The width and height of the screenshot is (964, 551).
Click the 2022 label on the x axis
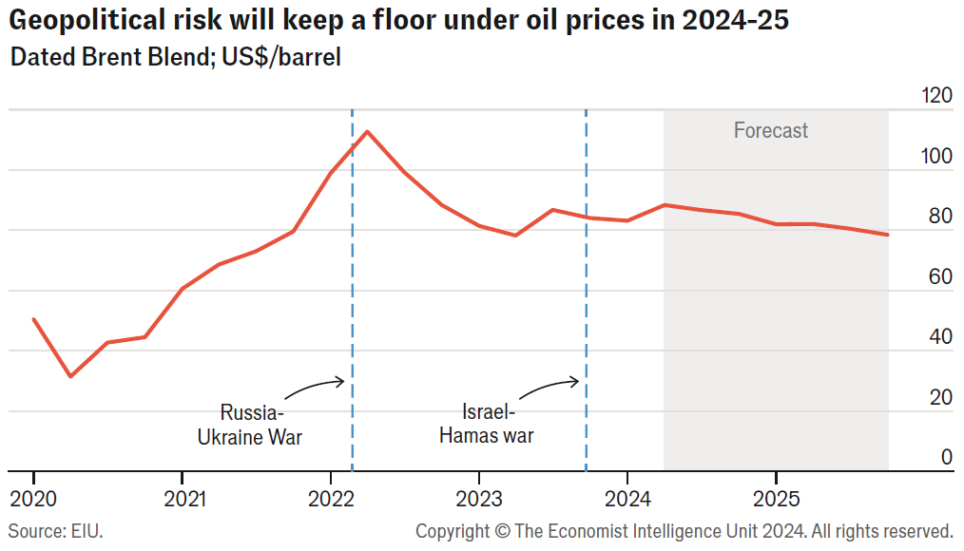(x=330, y=498)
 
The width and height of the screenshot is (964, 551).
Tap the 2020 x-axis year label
(x=34, y=498)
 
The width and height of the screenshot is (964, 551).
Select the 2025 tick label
(x=776, y=498)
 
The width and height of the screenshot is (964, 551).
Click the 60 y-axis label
(x=940, y=276)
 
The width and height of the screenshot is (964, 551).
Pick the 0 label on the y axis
(x=946, y=457)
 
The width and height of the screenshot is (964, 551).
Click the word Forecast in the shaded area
(x=770, y=130)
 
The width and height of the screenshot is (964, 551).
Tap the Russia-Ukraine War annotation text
(x=249, y=425)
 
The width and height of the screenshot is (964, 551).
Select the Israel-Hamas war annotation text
(x=486, y=425)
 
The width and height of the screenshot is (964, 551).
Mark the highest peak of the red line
(x=367, y=131)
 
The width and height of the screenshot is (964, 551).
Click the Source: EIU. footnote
(x=55, y=530)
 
